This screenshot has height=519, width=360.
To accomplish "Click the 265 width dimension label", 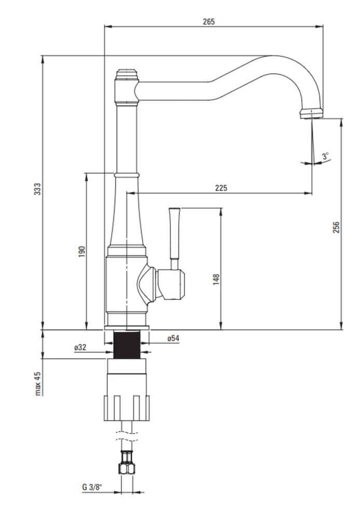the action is (209, 22).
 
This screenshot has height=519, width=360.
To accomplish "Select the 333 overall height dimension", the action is (38, 189).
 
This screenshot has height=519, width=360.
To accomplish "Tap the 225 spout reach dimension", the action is (221, 188).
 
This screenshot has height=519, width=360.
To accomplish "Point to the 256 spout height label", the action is (336, 227).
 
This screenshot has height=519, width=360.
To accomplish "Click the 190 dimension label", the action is (82, 252).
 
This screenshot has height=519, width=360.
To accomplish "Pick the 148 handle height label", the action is (216, 279).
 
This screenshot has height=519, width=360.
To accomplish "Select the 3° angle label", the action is (326, 156).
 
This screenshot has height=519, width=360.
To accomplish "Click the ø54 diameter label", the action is (173, 338).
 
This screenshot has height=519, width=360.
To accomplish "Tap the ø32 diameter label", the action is (80, 347).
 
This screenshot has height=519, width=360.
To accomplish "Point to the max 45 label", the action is (38, 384).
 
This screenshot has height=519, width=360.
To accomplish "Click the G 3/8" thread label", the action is (92, 487).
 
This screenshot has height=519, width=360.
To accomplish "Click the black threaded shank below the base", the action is (127, 345).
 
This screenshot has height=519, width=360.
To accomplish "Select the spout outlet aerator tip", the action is (311, 113).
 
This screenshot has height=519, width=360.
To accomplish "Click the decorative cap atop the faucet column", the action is (127, 75).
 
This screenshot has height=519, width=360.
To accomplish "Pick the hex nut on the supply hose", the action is (127, 469).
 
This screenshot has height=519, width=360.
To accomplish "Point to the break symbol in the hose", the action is (127, 436).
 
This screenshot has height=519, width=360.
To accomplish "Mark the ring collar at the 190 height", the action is (127, 174).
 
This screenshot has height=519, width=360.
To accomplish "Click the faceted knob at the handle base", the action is (171, 284).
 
